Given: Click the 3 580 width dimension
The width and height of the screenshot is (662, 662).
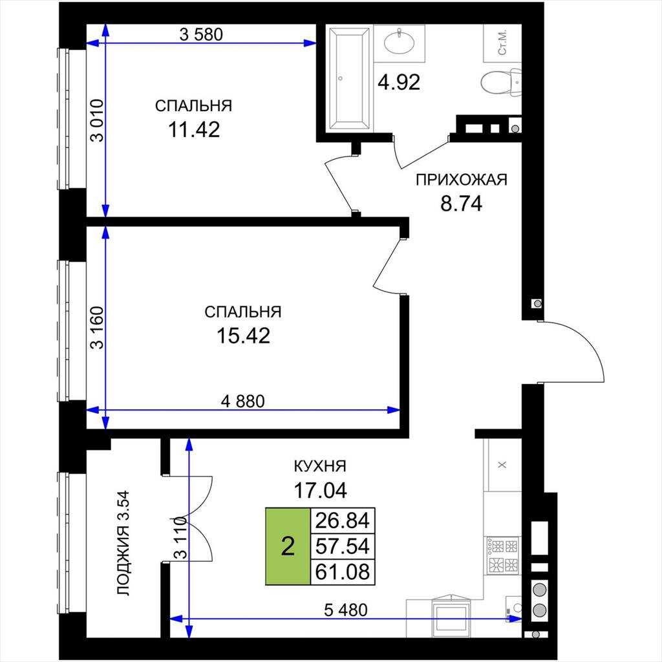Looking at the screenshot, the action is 201,34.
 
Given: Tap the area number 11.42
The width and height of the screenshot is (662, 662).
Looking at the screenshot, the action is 194,129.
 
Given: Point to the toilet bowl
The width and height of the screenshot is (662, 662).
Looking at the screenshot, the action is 501,82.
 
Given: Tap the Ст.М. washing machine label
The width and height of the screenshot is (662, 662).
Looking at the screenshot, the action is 502,42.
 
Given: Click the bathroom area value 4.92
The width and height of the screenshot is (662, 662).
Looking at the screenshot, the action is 399,82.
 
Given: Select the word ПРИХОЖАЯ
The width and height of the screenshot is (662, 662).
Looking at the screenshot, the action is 462,180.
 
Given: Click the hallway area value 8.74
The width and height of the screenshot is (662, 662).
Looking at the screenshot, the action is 461,204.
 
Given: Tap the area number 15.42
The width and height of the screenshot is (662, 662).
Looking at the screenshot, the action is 243,336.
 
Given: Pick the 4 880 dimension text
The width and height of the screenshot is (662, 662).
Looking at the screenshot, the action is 243,401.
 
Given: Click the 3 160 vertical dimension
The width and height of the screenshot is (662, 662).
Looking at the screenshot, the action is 97,327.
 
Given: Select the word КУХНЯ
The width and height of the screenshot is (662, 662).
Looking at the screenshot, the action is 320,466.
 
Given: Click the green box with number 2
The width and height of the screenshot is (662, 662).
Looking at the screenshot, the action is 288,546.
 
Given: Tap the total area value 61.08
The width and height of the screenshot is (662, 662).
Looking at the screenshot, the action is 343,571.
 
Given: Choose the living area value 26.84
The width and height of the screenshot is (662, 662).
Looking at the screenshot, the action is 343,520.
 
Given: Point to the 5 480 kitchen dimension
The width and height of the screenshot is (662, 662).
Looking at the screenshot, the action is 346,610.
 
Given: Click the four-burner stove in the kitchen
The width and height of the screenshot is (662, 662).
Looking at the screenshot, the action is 502,555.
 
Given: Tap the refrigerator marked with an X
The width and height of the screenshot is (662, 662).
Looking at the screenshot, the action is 502,465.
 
